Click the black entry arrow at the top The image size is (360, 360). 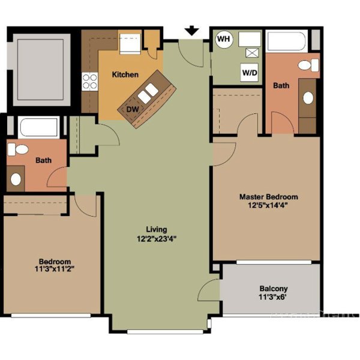click(x=192, y=31)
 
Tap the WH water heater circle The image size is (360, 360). click(x=224, y=39)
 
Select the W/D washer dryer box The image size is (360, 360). click(x=250, y=73)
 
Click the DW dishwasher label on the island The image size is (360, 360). click(x=133, y=110)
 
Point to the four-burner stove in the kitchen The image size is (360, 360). click(x=90, y=82)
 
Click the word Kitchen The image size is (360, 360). click(x=125, y=74)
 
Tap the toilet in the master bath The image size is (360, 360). click(x=308, y=65)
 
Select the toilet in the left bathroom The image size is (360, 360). click(x=18, y=149)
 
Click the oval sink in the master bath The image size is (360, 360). click(x=308, y=98)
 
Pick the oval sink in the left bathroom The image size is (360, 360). click(x=16, y=179)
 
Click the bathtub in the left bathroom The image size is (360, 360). click(x=39, y=127)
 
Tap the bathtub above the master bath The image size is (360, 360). click(x=287, y=41)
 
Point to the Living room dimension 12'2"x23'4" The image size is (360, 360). click(x=157, y=239)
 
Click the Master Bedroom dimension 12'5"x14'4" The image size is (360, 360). click(x=268, y=205)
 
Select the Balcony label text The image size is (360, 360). click(x=274, y=289)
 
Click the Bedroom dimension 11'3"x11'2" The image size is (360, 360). click(x=55, y=269)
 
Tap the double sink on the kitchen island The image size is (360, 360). click(x=148, y=94)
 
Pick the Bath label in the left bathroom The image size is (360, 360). click(x=43, y=160)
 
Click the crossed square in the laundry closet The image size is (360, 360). click(x=252, y=53)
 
